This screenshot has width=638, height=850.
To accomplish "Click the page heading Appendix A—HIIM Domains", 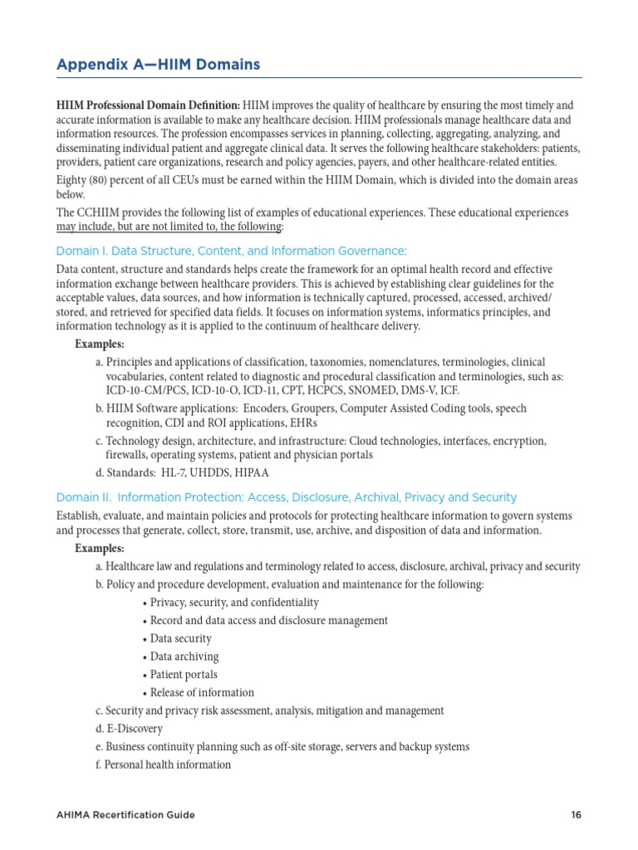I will [x=158, y=64].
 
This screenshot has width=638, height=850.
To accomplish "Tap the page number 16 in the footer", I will [x=576, y=814].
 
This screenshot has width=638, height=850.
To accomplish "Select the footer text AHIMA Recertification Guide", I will [x=125, y=814].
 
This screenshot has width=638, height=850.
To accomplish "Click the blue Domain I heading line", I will [x=231, y=251].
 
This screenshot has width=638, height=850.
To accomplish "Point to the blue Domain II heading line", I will [x=286, y=497].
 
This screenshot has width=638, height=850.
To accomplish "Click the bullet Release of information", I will [x=201, y=692].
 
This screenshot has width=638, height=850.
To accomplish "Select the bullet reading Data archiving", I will [x=184, y=657].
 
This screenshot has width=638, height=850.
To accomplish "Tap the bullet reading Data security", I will [x=180, y=638].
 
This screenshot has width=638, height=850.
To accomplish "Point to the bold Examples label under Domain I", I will [x=100, y=344].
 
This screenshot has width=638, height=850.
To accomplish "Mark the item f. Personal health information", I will [x=163, y=765].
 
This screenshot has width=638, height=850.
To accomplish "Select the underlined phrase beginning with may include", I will [x=169, y=227].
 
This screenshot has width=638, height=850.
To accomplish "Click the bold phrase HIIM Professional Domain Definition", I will [x=148, y=105].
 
